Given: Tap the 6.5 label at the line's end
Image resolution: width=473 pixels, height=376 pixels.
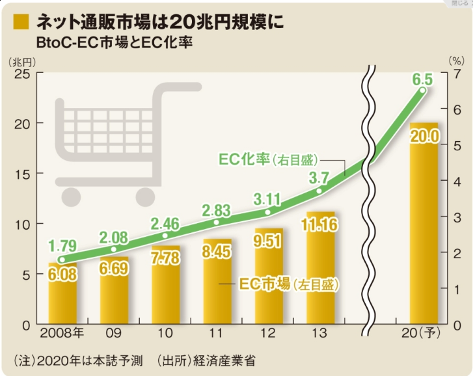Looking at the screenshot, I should [423, 81].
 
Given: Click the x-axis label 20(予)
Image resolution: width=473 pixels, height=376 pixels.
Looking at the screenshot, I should [422, 335].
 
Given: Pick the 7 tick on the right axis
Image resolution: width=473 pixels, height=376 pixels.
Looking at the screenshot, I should [457, 74].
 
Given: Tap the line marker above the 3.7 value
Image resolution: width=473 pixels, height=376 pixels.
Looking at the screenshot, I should [319, 191].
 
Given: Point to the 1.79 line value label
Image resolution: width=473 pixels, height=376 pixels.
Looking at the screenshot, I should [63, 246].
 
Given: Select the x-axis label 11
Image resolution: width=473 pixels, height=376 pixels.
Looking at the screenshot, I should [217, 335].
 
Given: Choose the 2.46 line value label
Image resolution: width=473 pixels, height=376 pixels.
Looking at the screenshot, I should [166, 224].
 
